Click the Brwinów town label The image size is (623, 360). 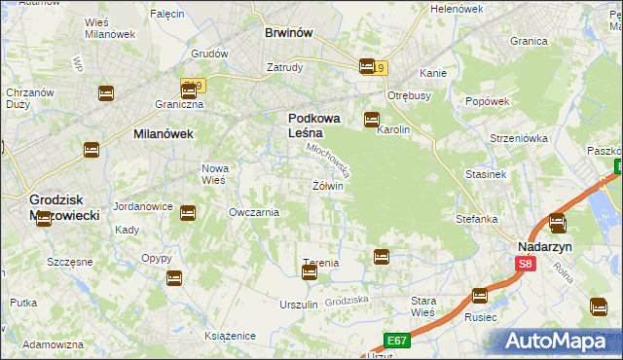[x=288, y=32]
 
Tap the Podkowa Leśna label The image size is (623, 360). [x=313, y=126]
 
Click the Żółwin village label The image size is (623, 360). [x=328, y=186]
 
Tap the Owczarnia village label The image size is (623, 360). [x=254, y=212]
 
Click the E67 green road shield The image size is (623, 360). [x=394, y=340]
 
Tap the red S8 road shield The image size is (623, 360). [x=526, y=264]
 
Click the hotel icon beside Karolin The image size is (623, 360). [x=371, y=121]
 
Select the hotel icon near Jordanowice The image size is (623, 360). [x=188, y=212]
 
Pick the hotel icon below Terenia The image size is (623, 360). [x=310, y=273]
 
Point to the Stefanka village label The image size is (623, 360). [x=477, y=219]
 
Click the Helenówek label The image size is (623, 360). [x=457, y=9]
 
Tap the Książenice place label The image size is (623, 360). [x=230, y=336]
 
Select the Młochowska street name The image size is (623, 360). [x=330, y=160]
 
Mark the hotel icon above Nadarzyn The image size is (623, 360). [x=557, y=223]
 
